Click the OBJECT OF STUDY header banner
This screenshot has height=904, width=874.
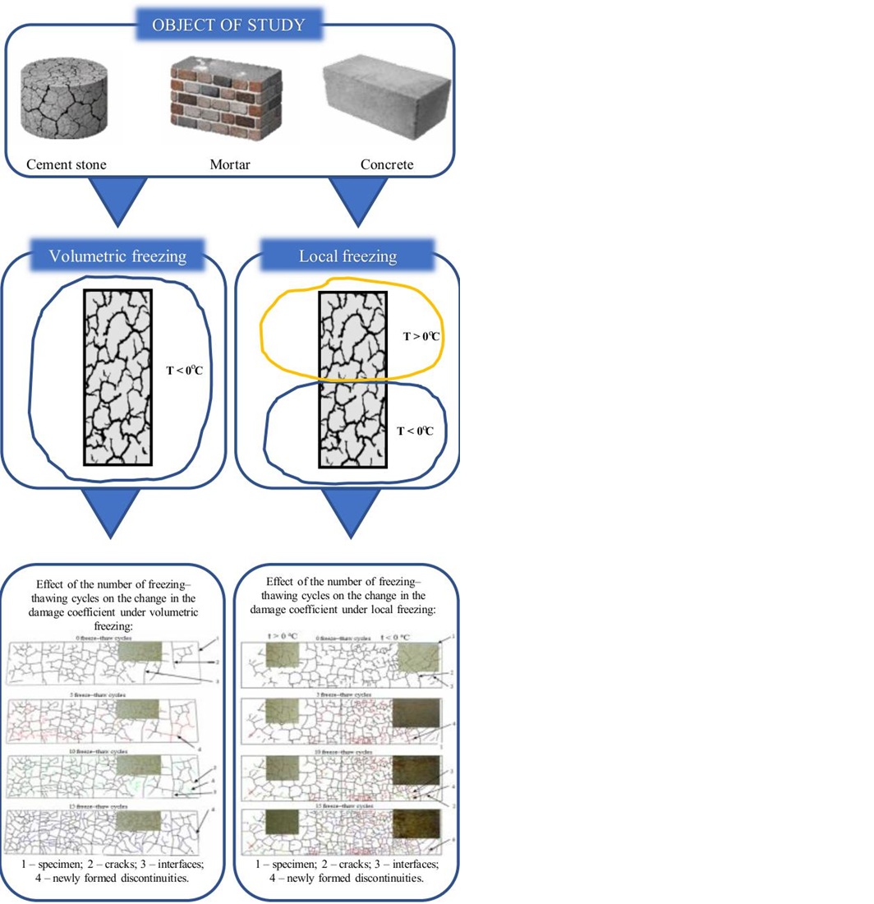point(229,24)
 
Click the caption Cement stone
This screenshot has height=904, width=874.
point(66,164)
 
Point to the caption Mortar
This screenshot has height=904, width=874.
point(230,164)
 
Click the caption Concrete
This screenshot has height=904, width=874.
point(387,164)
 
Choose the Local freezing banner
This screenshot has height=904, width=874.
point(347,256)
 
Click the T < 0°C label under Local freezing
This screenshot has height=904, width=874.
point(415,430)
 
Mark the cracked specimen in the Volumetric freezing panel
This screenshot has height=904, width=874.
point(117,377)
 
